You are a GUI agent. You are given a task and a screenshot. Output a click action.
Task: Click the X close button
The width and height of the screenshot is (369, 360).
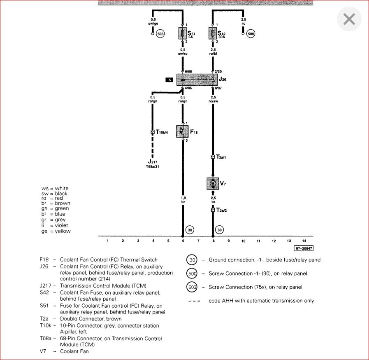coord(349,19)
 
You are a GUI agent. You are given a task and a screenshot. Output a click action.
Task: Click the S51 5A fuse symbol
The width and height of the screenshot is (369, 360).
coord(183,33)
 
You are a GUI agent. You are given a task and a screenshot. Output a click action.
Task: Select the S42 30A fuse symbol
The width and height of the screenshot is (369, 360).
coord(213,33)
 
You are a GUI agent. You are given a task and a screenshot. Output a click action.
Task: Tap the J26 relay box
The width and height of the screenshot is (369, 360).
coord(197,79)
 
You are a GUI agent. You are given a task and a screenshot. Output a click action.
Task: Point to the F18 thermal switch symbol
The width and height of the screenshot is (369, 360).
coord(182,131)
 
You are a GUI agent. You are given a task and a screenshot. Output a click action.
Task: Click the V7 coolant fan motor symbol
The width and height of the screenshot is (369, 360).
coord(213,183)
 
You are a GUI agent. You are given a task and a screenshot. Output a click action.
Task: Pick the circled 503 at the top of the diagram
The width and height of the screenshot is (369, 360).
coord(160,34)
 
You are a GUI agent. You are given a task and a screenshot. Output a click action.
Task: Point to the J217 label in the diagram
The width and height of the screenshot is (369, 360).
coord(153,162)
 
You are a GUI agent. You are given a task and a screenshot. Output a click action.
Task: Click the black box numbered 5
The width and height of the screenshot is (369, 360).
coord(169,79)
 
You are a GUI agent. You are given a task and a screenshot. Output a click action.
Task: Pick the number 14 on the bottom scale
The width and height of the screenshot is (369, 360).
coord(304,241)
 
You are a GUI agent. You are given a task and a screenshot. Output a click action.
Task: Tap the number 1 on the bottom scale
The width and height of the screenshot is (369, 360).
coord(108,241)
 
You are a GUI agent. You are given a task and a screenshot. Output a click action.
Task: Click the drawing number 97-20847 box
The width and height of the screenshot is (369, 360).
coord(304,248)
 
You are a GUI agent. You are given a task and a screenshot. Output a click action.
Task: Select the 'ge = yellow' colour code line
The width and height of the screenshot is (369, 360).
coord(56,231)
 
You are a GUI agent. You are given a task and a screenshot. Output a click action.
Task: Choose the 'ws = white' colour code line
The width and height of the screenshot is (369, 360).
coord(55,188)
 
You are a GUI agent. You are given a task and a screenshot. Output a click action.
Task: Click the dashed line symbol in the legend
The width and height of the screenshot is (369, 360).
coord(194,301)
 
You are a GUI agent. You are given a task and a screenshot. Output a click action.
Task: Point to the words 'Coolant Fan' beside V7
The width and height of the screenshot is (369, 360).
coord(74,351)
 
